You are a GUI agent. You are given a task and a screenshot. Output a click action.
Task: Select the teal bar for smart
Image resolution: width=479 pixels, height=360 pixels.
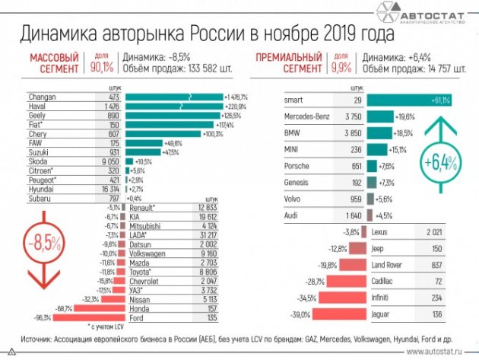click(407, 100)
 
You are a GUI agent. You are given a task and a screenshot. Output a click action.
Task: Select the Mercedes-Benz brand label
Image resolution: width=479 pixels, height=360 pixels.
click(308, 116)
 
